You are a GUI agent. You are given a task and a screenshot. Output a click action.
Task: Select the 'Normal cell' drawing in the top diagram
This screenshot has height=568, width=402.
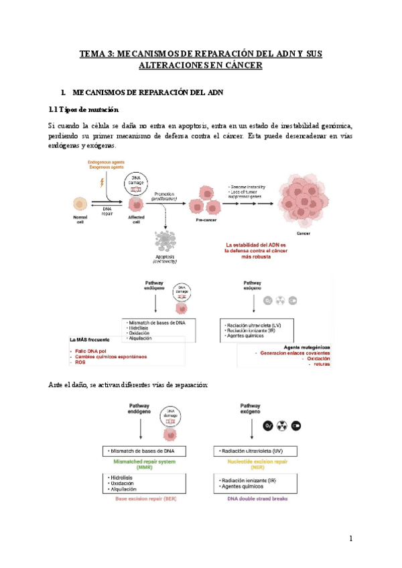tap(80, 205)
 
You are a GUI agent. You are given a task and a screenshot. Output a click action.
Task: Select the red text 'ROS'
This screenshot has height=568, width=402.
tap(80, 362)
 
